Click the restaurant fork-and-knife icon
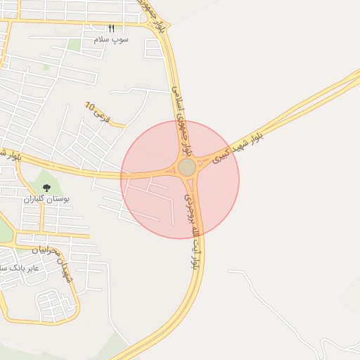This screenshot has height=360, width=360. [111, 29]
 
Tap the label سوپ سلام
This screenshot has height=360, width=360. [111, 39]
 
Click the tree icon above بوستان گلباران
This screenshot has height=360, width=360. [46, 188]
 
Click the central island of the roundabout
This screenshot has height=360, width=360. [186, 167]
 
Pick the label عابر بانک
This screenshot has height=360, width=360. [21, 268]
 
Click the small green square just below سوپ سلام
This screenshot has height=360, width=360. [74, 46]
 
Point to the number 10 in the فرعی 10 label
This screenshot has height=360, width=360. [89, 106]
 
